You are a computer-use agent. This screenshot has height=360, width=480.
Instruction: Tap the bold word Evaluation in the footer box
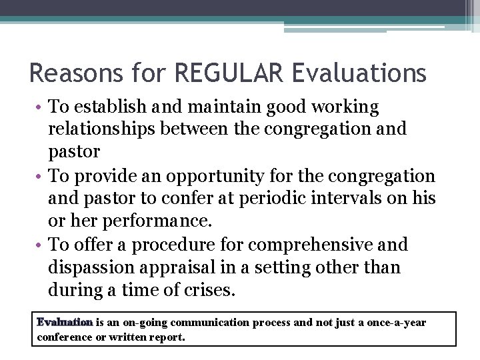tap(65, 323)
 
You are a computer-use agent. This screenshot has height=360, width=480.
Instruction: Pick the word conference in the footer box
tap(65, 337)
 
